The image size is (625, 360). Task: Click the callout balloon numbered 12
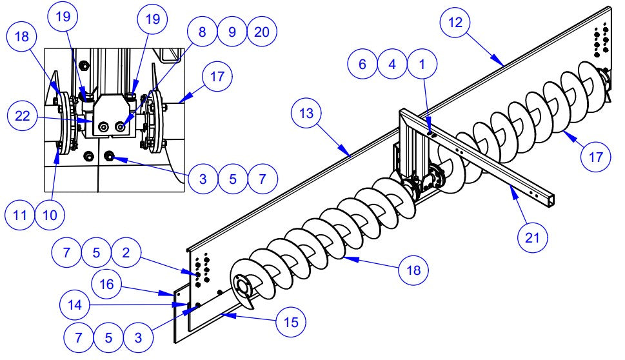tap(457, 23)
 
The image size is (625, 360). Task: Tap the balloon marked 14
tap(75, 305)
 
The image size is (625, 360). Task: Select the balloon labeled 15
tap(290, 321)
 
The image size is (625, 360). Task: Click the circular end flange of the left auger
tap(243, 288)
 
